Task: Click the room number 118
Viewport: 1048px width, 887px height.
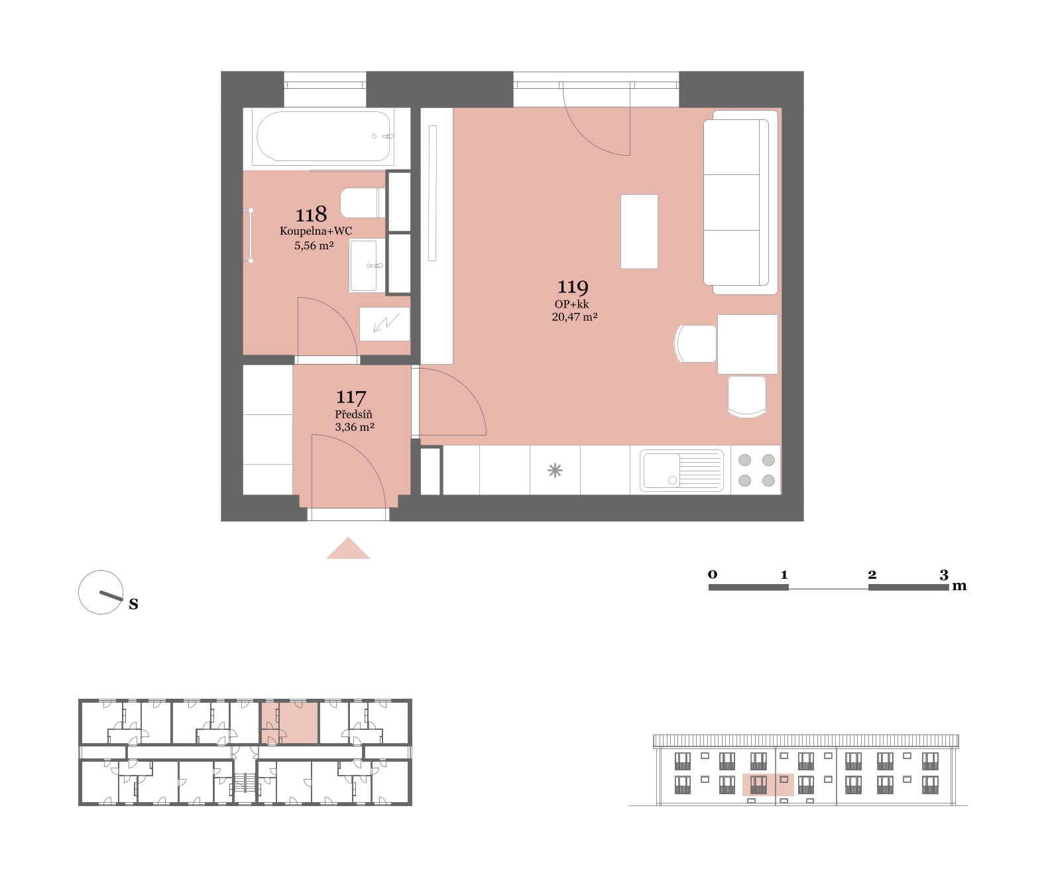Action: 311,215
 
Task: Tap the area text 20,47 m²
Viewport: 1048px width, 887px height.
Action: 575,317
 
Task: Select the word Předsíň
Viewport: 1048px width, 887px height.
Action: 353,414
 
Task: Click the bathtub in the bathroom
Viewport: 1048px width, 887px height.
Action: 325,136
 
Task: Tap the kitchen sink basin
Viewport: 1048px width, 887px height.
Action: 662,470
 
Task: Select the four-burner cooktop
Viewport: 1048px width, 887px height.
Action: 756,470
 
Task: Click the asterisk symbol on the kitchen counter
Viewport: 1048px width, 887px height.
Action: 555,471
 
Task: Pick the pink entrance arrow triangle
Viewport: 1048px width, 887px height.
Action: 348,550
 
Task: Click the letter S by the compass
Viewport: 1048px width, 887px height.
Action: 134,604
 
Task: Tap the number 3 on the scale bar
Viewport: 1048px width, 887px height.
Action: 943,575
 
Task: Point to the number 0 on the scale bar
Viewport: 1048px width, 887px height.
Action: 713,574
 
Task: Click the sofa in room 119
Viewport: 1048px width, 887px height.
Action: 740,202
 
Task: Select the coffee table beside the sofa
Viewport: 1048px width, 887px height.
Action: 640,232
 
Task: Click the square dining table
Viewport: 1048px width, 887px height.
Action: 747,344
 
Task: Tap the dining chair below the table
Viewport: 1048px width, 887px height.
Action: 747,396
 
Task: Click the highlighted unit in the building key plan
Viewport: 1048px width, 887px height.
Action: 290,723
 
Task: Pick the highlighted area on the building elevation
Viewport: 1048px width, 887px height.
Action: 768,784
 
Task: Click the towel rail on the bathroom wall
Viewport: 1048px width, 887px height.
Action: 251,235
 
